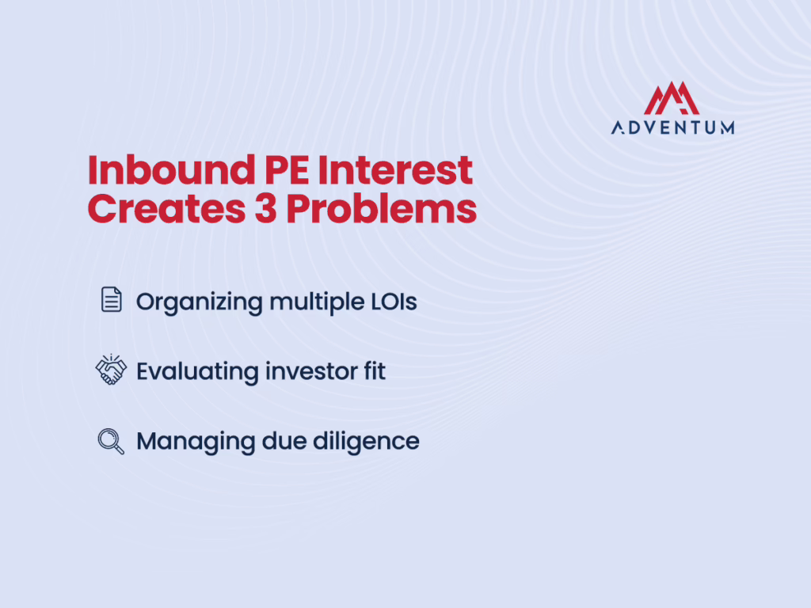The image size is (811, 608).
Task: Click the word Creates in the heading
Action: [x=166, y=209]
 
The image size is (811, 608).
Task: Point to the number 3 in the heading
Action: [x=265, y=209]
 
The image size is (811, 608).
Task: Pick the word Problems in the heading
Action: [x=382, y=209]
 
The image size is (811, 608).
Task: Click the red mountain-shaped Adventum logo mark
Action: [x=672, y=98]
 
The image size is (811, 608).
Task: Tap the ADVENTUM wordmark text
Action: [x=673, y=127]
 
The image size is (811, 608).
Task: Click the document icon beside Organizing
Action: [x=111, y=299]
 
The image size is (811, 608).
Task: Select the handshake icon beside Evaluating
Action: [x=111, y=370]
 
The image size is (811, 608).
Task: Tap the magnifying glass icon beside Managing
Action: [x=111, y=442]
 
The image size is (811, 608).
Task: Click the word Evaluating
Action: [x=197, y=373]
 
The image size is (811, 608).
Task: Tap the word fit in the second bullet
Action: [x=375, y=371]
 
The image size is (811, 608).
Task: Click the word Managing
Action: [x=196, y=443]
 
